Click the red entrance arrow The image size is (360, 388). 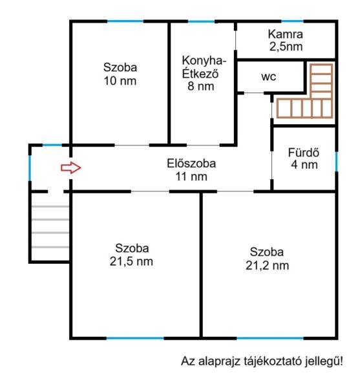[x=71, y=167]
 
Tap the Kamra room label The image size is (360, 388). [x=285, y=34]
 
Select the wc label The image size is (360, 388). [x=268, y=77]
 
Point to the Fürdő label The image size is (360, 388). [x=304, y=153]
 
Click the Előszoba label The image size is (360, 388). [x=191, y=164]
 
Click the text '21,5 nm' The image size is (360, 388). [x=131, y=261]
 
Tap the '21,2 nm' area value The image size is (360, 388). [x=268, y=266]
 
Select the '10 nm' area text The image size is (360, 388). [x=120, y=81]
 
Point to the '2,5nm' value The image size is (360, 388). [x=286, y=47]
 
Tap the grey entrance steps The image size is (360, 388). [x=50, y=226]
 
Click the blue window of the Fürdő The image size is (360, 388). [x=336, y=161]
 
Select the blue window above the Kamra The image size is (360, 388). [x=293, y=21]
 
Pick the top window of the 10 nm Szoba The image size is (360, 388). [x=125, y=21]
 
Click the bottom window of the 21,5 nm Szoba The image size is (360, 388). [x=135, y=338]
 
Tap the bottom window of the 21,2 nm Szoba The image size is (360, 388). [x=270, y=338]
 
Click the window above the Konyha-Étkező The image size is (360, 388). [x=201, y=21]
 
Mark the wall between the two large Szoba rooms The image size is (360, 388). [x=201, y=264]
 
